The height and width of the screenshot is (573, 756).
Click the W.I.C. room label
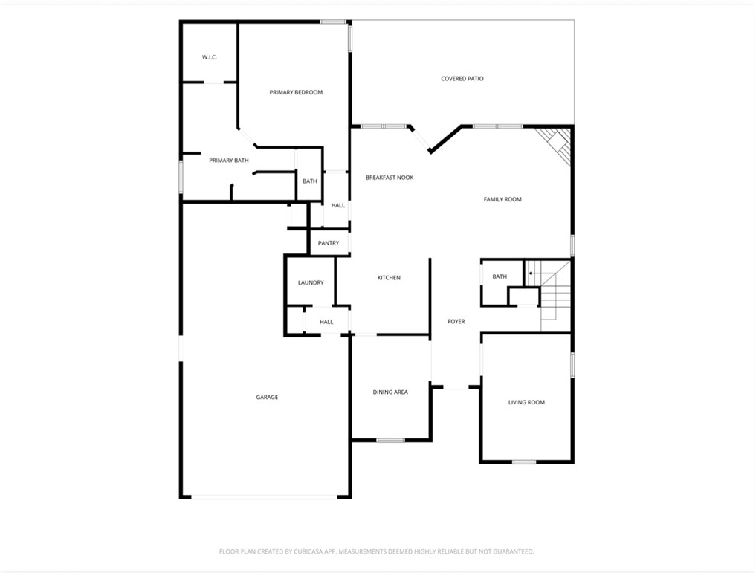click(x=209, y=57)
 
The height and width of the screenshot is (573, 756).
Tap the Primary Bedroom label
click(x=296, y=92)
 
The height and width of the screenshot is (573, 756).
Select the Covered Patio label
click(x=462, y=78)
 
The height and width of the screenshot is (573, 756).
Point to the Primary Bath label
click(x=229, y=160)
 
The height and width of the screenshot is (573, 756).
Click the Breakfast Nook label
click(x=390, y=178)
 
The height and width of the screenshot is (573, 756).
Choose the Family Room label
click(x=503, y=199)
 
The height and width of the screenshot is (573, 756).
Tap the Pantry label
click(x=329, y=243)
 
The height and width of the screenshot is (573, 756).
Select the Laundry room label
click(x=311, y=282)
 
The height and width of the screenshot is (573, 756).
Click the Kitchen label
click(x=389, y=278)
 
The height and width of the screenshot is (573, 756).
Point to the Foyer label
click(x=456, y=322)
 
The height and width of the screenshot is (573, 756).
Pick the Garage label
click(x=267, y=398)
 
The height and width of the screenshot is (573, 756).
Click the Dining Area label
click(x=390, y=392)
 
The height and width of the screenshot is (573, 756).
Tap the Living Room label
click(x=526, y=402)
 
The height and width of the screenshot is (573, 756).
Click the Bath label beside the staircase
click(x=500, y=276)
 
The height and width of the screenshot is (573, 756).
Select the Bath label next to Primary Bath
click(x=310, y=181)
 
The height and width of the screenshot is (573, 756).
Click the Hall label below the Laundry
click(x=326, y=322)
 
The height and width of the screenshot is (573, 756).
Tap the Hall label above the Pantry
click(x=338, y=205)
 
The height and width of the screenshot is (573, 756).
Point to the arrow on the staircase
click(x=531, y=273)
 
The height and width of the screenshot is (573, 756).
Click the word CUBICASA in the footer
click(x=305, y=551)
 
